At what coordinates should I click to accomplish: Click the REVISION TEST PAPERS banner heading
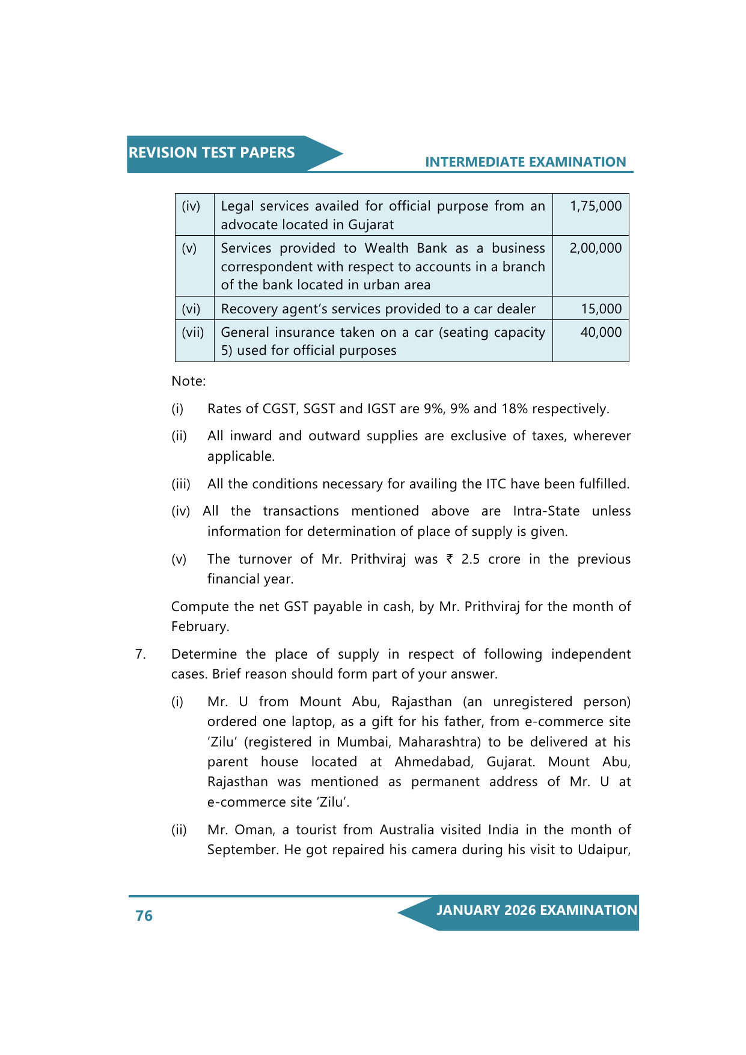212,153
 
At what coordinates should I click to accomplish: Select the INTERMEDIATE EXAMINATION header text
525,162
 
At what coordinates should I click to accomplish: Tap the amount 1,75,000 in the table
596,206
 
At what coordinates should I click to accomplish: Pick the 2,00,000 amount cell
595,248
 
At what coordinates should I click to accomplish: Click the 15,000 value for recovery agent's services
601,309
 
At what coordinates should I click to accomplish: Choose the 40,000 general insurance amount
601,333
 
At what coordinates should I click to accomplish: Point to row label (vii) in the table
193,333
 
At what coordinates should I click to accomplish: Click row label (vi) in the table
191,309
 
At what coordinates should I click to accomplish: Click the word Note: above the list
189,381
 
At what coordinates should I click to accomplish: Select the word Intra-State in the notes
546,511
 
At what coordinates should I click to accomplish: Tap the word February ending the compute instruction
200,627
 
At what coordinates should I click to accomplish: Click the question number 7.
140,654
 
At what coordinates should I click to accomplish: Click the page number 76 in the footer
144,915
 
